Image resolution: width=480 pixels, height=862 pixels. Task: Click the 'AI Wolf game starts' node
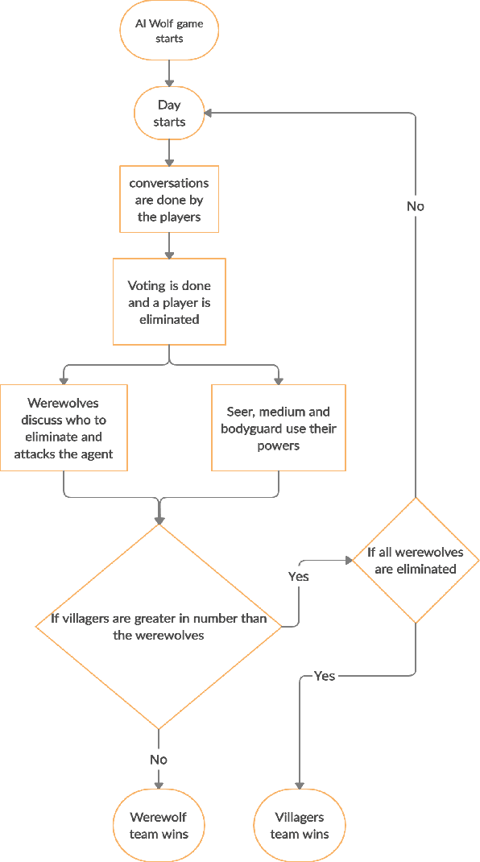point(169,31)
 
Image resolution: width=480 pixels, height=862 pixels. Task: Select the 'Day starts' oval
point(169,114)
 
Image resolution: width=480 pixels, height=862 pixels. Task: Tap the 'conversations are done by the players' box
point(169,200)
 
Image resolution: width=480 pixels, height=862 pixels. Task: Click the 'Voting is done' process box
point(169,302)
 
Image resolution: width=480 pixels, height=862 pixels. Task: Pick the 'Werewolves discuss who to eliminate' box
point(64,428)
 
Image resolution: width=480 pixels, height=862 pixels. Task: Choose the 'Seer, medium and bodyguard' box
point(279,428)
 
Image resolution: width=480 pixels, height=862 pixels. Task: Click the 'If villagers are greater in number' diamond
point(159,627)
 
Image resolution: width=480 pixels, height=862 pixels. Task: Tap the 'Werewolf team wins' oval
point(159,826)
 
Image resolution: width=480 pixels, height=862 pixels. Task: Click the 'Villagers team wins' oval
point(300,826)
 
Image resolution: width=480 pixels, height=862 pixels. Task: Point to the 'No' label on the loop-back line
point(415,206)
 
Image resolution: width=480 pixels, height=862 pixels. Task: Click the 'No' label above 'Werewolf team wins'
point(159,759)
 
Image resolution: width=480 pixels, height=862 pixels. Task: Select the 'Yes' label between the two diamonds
point(299,576)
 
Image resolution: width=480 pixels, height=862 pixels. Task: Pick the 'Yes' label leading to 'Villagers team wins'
point(324,675)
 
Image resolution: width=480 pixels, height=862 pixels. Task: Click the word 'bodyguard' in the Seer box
point(249,429)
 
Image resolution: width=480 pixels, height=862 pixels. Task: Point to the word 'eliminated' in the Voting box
point(169,319)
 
